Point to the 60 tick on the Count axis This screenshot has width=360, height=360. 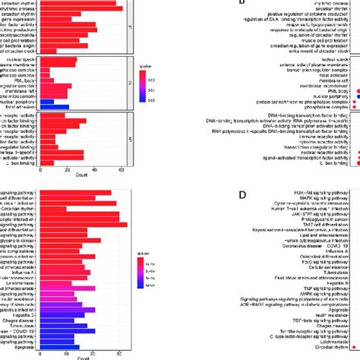(x=121, y=172)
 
